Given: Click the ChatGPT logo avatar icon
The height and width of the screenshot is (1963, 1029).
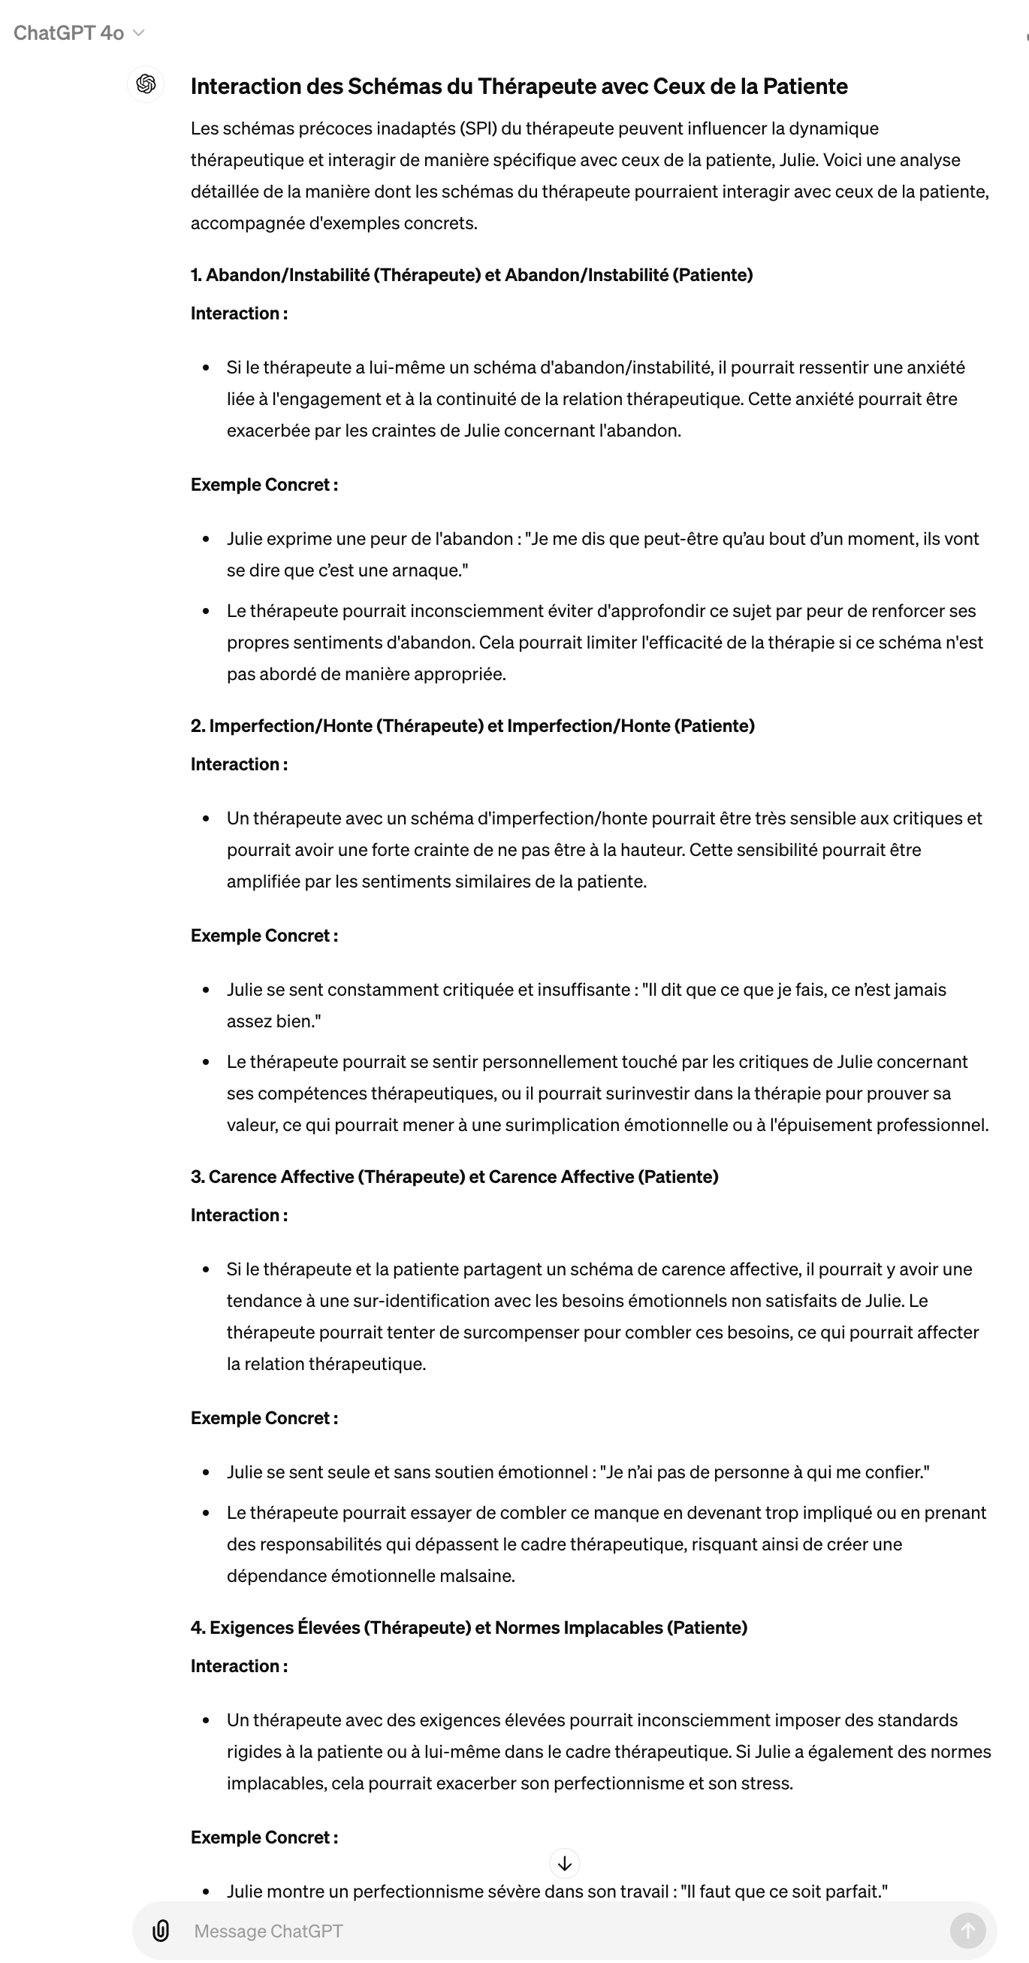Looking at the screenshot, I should point(146,84).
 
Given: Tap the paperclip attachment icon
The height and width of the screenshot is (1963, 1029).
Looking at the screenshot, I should point(161,1930).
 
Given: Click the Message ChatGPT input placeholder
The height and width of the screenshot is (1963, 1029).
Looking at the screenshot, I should point(268,1930).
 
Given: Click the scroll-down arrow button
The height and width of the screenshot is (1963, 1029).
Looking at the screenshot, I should point(564,1863).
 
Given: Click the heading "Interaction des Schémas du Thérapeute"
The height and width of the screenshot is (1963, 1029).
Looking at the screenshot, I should point(519,86).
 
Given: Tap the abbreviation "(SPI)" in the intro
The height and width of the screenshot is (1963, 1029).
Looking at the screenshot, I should point(478,128).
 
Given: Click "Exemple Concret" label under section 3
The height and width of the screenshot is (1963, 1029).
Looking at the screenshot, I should point(264,1418).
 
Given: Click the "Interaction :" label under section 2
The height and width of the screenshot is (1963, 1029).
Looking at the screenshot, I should point(239,764).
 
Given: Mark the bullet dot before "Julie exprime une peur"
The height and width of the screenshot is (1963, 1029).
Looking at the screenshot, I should point(206,540).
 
